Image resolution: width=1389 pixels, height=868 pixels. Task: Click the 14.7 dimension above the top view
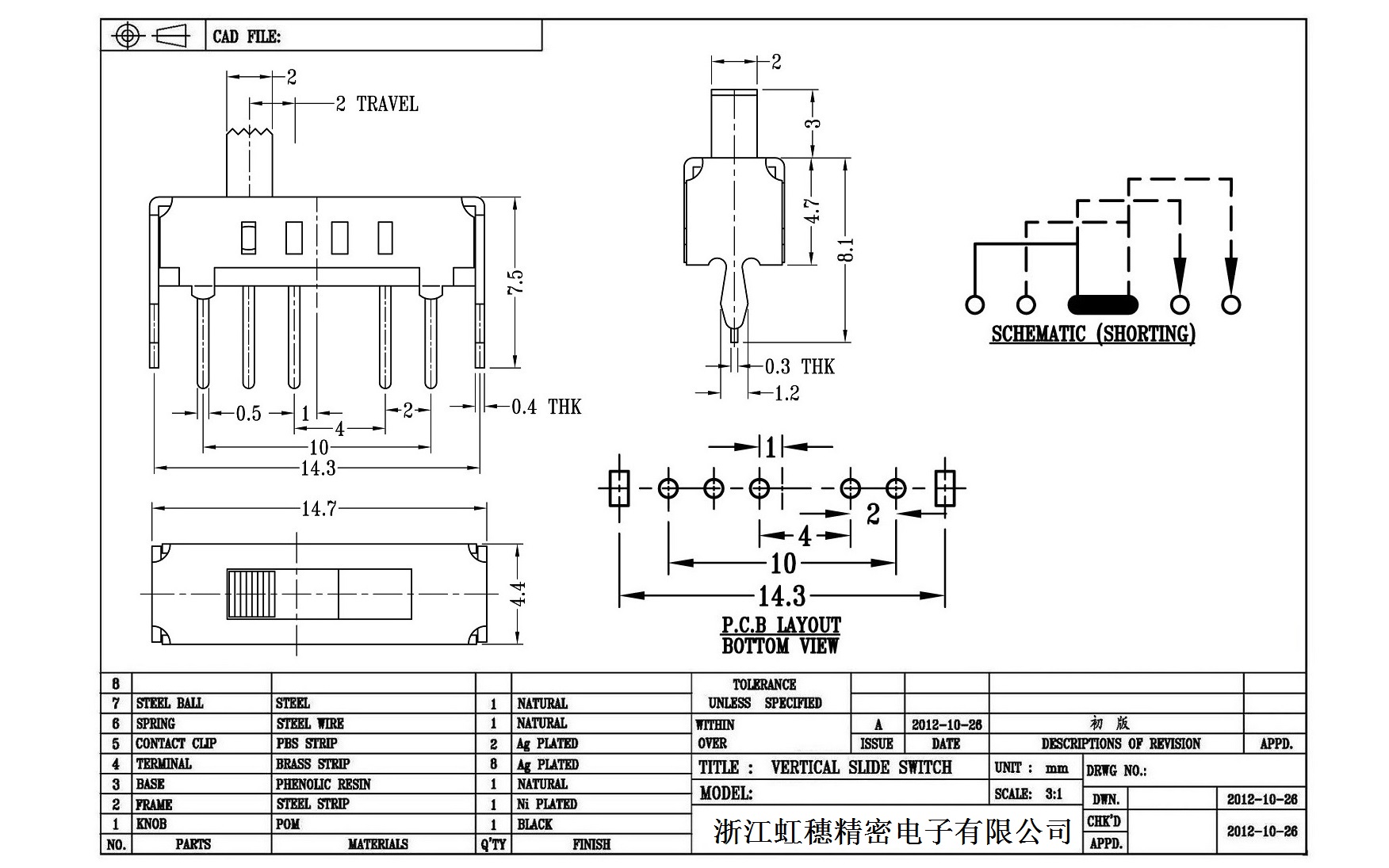pos(319,509)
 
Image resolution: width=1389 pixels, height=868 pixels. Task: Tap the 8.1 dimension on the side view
pos(847,250)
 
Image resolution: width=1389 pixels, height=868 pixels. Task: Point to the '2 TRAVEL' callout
pos(377,104)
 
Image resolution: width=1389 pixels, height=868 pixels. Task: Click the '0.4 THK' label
pos(546,407)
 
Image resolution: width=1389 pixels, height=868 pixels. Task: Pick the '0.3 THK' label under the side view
pos(799,366)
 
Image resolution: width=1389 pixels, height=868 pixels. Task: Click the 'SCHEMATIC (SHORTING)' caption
pos(1092,334)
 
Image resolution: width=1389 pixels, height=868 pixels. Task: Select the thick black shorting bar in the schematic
pos(1102,304)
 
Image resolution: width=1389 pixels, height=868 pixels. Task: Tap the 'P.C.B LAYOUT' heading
pos(781,625)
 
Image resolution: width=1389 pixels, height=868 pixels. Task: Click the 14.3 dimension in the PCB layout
pos(782,596)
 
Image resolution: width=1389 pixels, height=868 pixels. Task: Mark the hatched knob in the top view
pos(251,594)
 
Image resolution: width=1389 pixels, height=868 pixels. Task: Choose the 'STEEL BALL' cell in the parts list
pos(170,703)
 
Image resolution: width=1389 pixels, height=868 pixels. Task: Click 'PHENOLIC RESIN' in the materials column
pos(323,784)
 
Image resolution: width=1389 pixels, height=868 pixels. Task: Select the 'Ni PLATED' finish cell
pos(547,804)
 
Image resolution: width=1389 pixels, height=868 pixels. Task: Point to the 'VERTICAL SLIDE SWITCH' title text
pos(861,767)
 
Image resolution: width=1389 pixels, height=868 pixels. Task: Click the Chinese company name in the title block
pos(893,831)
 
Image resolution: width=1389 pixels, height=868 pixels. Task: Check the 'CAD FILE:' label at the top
pos(247,36)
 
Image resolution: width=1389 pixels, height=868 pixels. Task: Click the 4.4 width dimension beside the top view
pos(518,594)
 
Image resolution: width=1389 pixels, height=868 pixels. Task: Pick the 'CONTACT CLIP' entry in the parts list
pos(176,744)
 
